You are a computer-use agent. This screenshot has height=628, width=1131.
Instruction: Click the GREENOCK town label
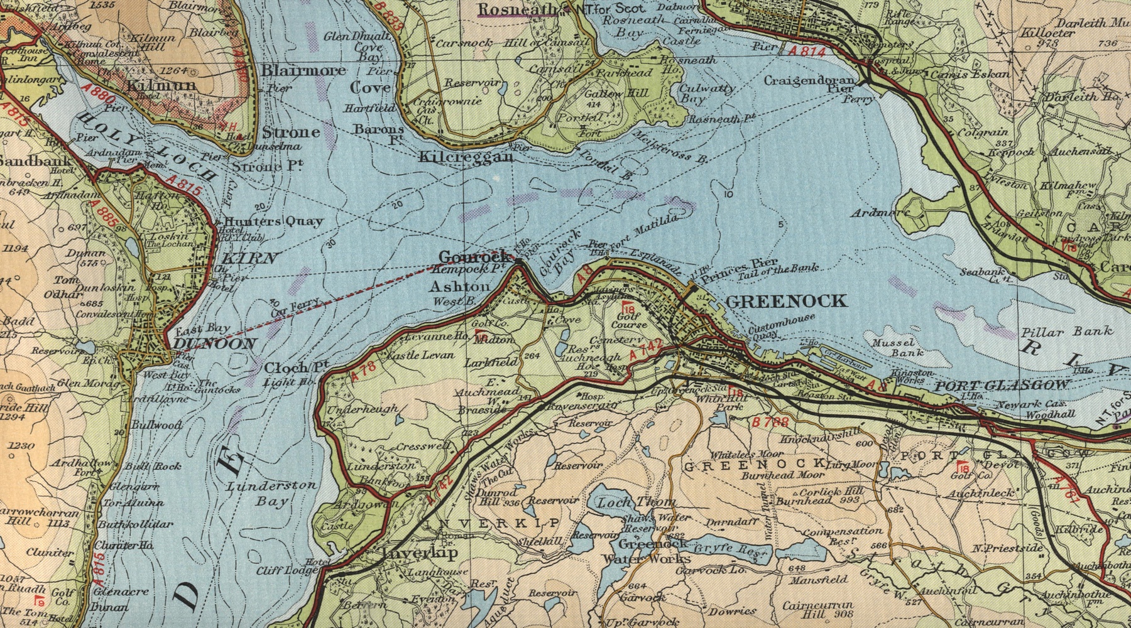(x=786, y=301)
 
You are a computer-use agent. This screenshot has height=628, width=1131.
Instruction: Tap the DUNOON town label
(x=215, y=344)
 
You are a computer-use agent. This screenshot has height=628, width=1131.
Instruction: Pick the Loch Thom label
(x=636, y=502)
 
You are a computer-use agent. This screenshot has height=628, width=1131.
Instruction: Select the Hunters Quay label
(x=273, y=221)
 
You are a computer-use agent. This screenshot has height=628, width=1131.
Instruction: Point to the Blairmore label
(x=303, y=70)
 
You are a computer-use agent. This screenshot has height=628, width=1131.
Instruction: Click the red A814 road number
(x=807, y=51)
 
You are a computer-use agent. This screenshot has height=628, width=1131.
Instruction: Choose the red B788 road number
(x=769, y=423)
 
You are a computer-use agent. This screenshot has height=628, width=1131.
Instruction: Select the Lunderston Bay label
(x=271, y=493)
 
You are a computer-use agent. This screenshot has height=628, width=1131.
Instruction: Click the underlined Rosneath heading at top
(x=518, y=9)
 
